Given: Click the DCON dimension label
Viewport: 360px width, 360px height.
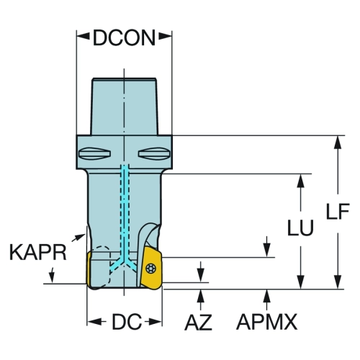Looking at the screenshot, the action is [x=124, y=38].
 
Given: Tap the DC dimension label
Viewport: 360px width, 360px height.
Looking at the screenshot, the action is [x=127, y=322].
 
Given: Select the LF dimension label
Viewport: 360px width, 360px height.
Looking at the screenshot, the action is [x=338, y=211].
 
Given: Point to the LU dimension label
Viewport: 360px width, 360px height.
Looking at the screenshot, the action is [x=301, y=227].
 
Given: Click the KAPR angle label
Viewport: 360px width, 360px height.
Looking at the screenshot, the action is [x=38, y=252].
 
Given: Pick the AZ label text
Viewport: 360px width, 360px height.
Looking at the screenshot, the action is [x=198, y=323].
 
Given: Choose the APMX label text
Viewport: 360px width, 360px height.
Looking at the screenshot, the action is [x=267, y=322].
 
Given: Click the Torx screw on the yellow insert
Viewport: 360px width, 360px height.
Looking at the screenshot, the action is [x=151, y=267].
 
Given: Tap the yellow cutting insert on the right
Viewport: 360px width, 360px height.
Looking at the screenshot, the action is [x=151, y=268].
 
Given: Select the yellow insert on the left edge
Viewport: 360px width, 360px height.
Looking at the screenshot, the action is [x=89, y=269].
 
